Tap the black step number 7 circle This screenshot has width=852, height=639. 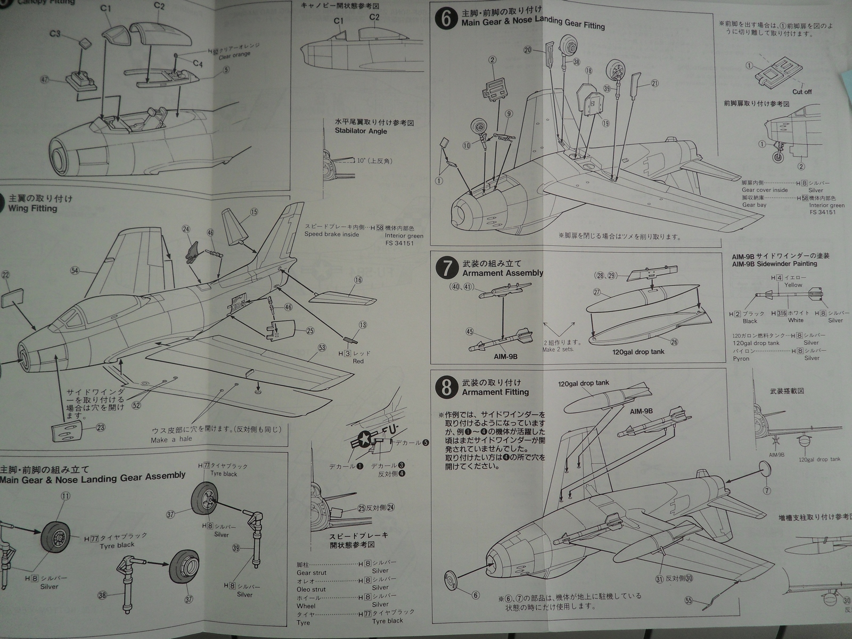tap(447, 268)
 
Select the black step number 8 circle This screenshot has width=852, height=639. tap(446, 388)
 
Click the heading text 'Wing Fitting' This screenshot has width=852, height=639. tap(32, 208)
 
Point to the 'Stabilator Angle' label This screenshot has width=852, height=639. tap(361, 131)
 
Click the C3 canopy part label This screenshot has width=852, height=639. tap(55, 34)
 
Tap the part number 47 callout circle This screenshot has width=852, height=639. tap(44, 79)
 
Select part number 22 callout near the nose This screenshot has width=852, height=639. tap(6, 274)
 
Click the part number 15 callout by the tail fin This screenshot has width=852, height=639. tap(253, 212)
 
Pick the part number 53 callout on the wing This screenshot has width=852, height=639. tap(322, 348)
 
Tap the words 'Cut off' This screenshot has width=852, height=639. tap(802, 92)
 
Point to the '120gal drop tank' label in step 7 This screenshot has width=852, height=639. tap(638, 351)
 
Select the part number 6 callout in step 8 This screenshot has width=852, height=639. tap(476, 595)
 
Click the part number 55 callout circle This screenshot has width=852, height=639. tap(689, 601)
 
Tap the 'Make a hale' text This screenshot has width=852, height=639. tap(171, 440)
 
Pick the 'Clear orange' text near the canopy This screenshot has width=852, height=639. tap(234, 55)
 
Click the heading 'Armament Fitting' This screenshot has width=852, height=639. tap(495, 392)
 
